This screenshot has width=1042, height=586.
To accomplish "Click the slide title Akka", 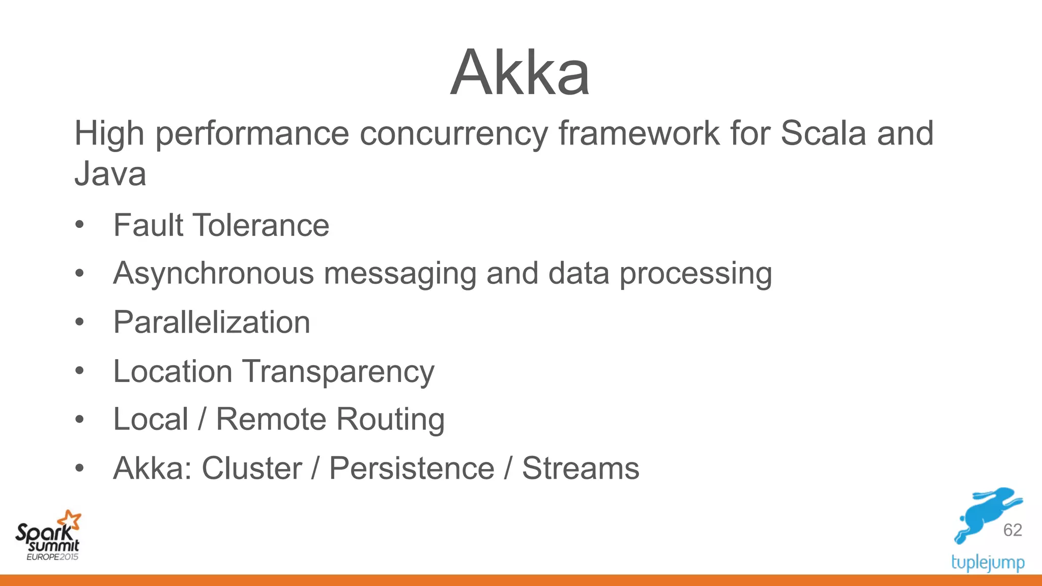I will coord(520,72).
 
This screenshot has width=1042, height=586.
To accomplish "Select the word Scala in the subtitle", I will coord(823,133).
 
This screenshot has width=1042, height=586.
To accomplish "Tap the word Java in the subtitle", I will coord(110,174).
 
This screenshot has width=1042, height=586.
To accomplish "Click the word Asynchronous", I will coord(213,274).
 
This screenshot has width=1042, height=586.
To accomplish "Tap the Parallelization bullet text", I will coord(212,323).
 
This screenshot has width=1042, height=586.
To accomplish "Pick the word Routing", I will coord(390,420).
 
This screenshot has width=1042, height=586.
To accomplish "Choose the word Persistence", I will coord(412,468).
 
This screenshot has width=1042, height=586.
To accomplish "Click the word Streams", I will coord(581,468).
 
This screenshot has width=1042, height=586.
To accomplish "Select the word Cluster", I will coord(252,468).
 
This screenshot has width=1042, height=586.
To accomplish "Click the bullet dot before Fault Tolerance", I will coord(79,225).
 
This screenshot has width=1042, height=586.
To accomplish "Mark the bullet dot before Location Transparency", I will coord(79,371).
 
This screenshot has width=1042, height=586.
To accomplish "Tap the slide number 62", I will coord(1012,530).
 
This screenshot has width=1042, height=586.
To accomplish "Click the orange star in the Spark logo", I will coord(70,520).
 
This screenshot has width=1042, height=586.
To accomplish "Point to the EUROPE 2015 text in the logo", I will coord(52,557).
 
